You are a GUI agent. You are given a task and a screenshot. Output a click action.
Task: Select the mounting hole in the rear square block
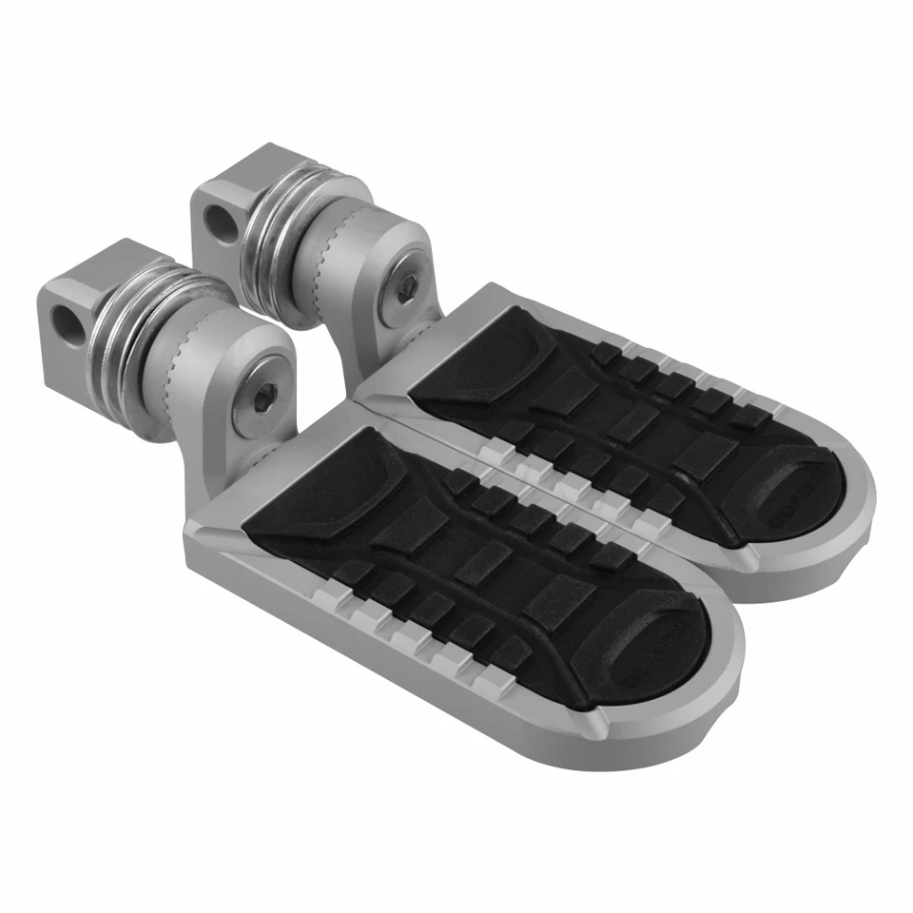tap(219, 223)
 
